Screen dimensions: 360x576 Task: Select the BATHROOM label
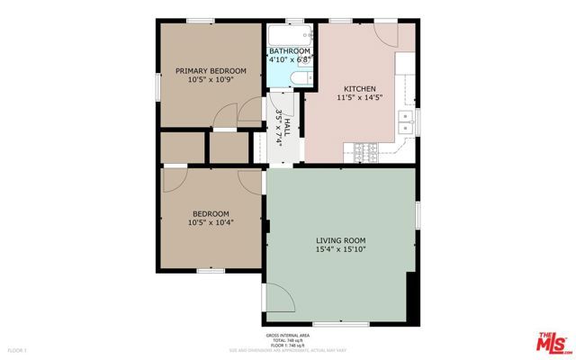tap(290, 51)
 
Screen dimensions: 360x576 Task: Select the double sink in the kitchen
tap(407, 121)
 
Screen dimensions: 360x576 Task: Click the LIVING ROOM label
tap(341, 240)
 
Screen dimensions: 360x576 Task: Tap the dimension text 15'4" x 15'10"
tap(341, 250)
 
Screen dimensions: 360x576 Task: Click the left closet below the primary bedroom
tap(183, 146)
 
